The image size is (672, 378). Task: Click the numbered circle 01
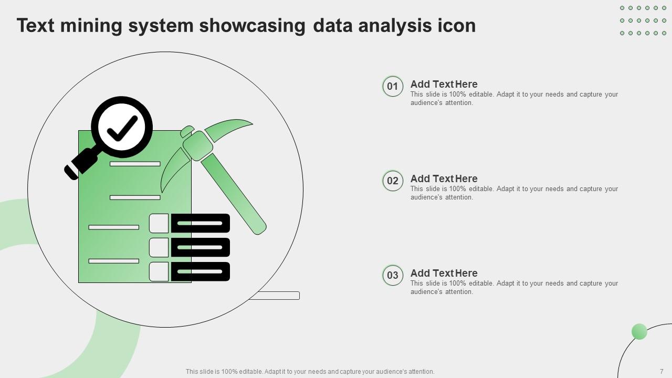(x=393, y=87)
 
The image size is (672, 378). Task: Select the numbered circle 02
(x=393, y=181)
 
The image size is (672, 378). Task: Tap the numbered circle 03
(x=393, y=276)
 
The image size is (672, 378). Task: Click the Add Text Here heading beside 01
(x=444, y=84)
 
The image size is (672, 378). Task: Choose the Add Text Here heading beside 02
(x=444, y=178)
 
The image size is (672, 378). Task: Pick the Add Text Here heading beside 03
(x=444, y=273)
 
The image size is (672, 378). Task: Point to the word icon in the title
(x=456, y=26)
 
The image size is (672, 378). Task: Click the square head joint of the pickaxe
(x=198, y=145)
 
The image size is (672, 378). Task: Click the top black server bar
(x=201, y=223)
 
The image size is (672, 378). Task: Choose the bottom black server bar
(x=201, y=271)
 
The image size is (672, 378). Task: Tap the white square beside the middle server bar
(x=159, y=247)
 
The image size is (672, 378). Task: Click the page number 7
(x=661, y=371)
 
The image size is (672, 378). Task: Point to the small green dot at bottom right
(x=639, y=332)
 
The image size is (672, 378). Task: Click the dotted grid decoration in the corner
(x=643, y=20)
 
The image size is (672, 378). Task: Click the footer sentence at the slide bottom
(x=310, y=371)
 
